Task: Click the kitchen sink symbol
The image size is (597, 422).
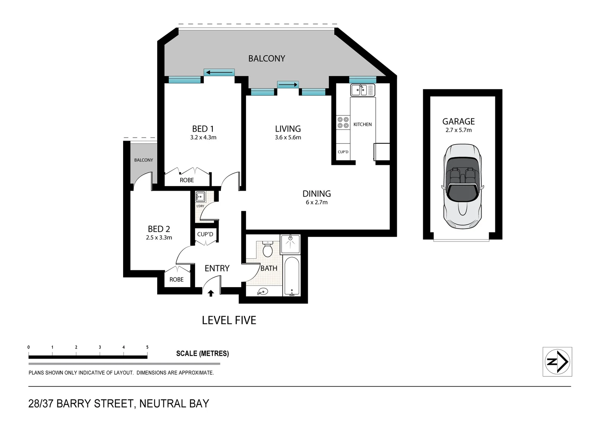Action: pyautogui.click(x=362, y=90)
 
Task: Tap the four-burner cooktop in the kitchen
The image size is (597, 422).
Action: pyautogui.click(x=343, y=122)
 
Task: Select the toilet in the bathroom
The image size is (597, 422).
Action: pyautogui.click(x=268, y=249)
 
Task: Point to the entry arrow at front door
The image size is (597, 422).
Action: pyautogui.click(x=211, y=293)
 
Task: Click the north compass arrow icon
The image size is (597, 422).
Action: pyautogui.click(x=557, y=362)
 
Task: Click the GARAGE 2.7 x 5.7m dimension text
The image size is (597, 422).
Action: pyautogui.click(x=458, y=130)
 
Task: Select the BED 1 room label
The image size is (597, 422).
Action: pyautogui.click(x=203, y=129)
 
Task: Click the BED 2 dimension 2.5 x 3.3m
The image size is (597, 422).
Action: pyautogui.click(x=159, y=238)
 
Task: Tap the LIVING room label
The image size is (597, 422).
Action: pyautogui.click(x=288, y=129)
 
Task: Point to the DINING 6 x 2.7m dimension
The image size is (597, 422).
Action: pyautogui.click(x=316, y=202)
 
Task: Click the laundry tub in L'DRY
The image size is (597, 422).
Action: pyautogui.click(x=201, y=197)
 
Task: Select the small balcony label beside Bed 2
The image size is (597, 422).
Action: pyautogui.click(x=143, y=160)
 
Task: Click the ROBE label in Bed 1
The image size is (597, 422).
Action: pyautogui.click(x=186, y=180)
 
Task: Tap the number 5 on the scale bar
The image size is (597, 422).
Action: pyautogui.click(x=147, y=347)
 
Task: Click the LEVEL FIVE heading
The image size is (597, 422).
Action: pyautogui.click(x=229, y=320)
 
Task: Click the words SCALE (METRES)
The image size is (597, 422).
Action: pyautogui.click(x=202, y=354)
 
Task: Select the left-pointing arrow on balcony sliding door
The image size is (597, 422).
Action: pyautogui.click(x=219, y=72)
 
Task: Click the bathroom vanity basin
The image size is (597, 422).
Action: pyautogui.click(x=263, y=291)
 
